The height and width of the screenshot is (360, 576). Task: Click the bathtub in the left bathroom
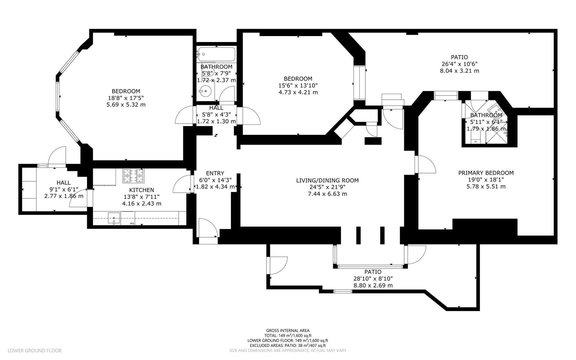(x=216, y=54)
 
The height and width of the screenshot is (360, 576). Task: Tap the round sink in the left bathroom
(x=206, y=90)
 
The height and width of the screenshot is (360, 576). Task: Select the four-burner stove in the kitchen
(x=133, y=176)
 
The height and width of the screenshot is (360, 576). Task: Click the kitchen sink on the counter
(x=114, y=219)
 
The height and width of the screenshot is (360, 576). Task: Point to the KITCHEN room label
(x=142, y=190)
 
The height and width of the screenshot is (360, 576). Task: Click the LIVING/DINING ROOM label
(x=327, y=180)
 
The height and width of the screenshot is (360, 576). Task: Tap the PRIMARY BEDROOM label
(x=486, y=173)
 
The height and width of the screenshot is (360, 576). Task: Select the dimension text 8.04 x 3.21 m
(x=459, y=71)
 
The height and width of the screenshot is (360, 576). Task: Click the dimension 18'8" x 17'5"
(x=126, y=98)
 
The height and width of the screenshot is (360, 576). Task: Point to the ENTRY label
(x=215, y=173)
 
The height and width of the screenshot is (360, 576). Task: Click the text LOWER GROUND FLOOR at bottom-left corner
(x=35, y=350)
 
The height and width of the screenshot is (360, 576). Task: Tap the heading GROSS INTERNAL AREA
(x=288, y=330)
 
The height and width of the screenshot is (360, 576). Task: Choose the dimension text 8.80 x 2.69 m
(x=373, y=285)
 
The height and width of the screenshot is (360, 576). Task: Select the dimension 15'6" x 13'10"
(x=298, y=85)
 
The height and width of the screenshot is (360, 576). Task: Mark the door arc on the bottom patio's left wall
(x=279, y=265)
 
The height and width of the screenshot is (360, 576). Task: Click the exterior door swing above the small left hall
(x=57, y=156)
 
